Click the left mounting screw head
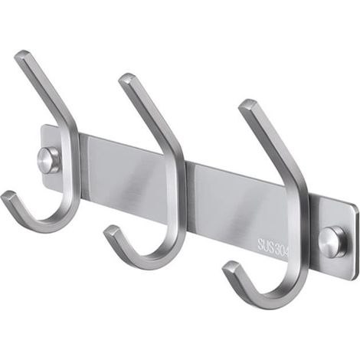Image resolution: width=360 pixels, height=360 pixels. (48, 160)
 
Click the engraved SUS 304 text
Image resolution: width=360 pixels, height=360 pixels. (273, 245)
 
